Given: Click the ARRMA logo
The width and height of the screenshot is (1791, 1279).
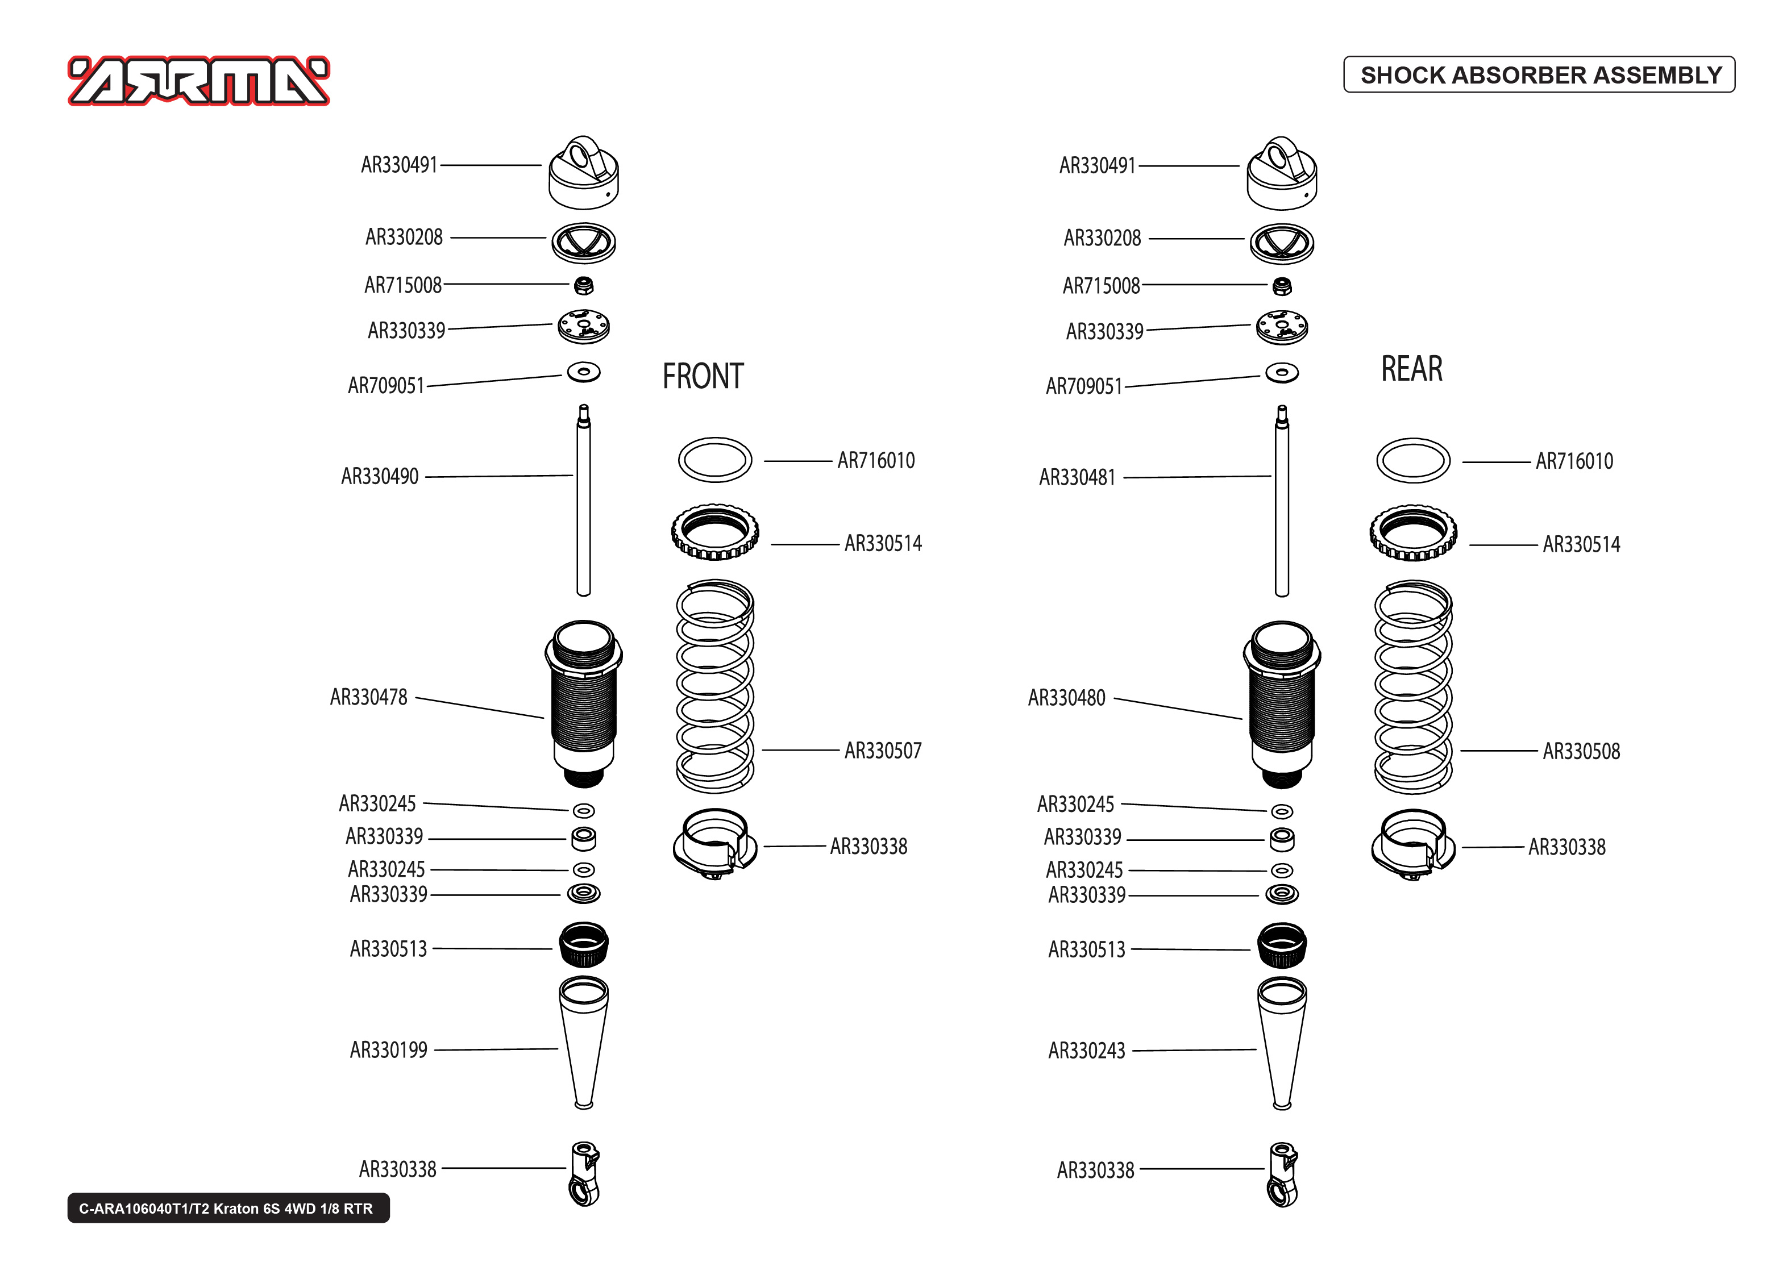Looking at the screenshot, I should click(x=198, y=81).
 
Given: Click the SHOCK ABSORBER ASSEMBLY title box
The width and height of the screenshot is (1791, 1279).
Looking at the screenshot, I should click(x=1539, y=75).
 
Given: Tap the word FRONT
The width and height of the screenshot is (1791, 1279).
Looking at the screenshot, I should click(x=703, y=377).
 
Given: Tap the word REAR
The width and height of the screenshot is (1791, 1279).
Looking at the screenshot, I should click(x=1411, y=369).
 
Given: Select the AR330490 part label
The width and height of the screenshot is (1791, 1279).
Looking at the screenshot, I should click(x=380, y=477).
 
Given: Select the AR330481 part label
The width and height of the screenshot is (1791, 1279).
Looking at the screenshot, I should click(x=1077, y=477).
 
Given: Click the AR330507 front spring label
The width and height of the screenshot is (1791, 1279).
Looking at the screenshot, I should click(x=882, y=751).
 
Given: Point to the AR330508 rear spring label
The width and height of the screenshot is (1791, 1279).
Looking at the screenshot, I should click(x=1581, y=751).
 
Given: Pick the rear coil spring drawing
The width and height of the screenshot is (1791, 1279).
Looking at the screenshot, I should click(x=1413, y=687).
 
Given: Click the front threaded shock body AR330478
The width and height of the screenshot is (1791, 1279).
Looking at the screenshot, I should click(x=584, y=703).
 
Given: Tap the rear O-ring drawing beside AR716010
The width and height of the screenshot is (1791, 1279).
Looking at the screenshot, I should click(x=1413, y=461).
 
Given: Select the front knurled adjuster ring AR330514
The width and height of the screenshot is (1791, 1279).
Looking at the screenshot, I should click(x=715, y=533).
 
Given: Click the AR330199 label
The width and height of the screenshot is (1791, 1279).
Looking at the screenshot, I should click(x=388, y=1051).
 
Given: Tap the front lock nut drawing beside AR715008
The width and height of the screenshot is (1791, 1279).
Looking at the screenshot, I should click(x=584, y=285).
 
